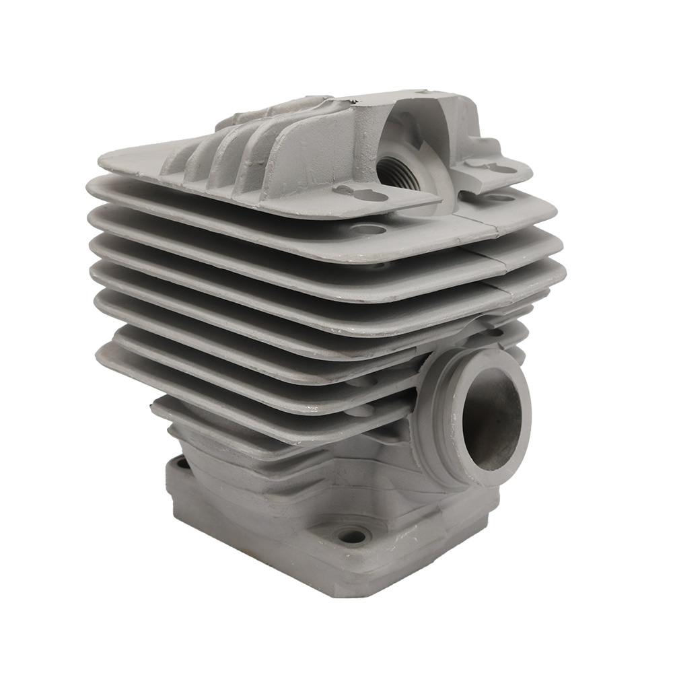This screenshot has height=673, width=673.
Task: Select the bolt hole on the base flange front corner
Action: point(352,536)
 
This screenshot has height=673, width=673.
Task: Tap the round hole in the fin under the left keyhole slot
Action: point(368,229)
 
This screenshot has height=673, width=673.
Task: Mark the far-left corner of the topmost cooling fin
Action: point(101,160)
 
